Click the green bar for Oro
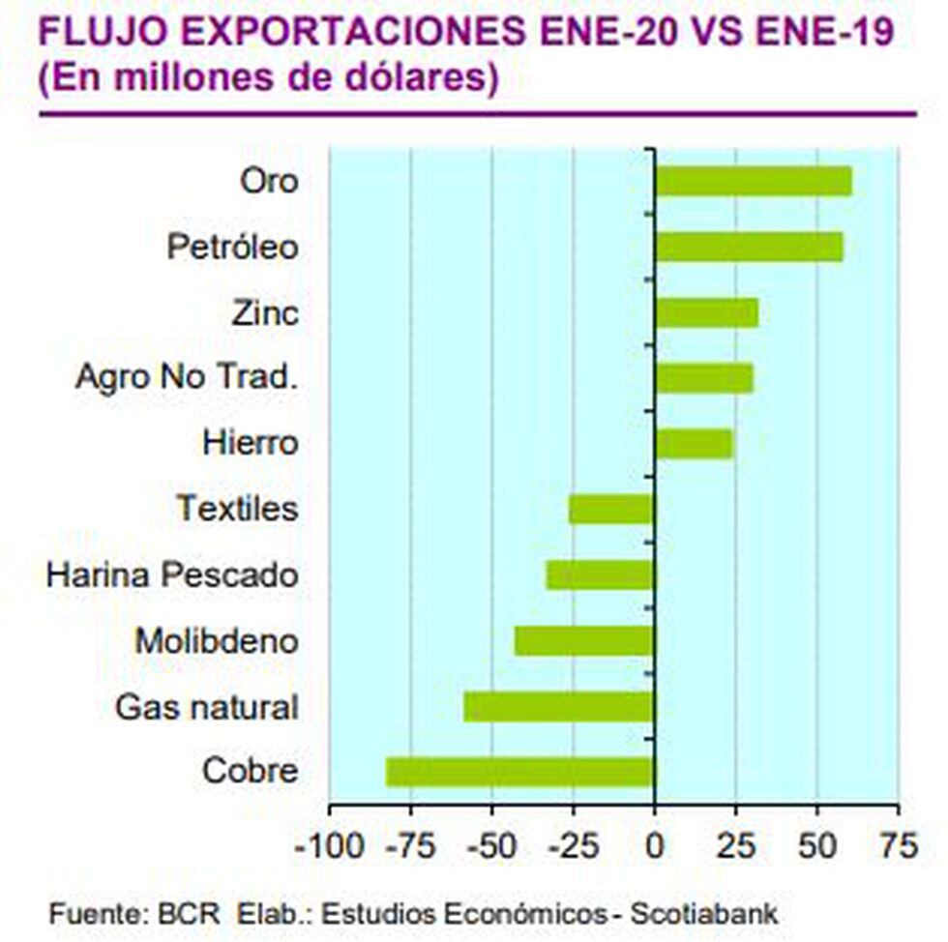tap(754, 181)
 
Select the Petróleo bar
tap(749, 247)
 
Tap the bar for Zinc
tap(706, 312)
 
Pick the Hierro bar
tap(694, 444)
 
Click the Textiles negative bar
tap(611, 509)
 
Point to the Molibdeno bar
tap(584, 640)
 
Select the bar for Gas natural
tap(559, 706)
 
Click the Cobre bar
tap(520, 772)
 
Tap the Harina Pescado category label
tap(172, 574)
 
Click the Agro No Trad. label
tap(184, 377)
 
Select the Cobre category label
tap(250, 772)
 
